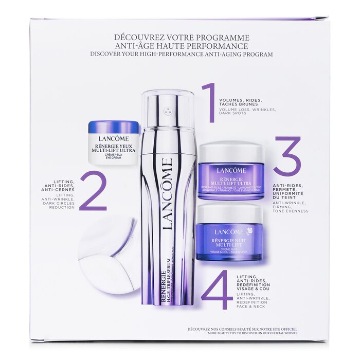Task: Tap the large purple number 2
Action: tap(93, 191)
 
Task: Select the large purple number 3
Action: tap(287, 156)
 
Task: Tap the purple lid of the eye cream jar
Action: tap(114, 127)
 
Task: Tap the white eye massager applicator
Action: tap(107, 255)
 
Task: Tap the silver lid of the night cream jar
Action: tap(229, 212)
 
